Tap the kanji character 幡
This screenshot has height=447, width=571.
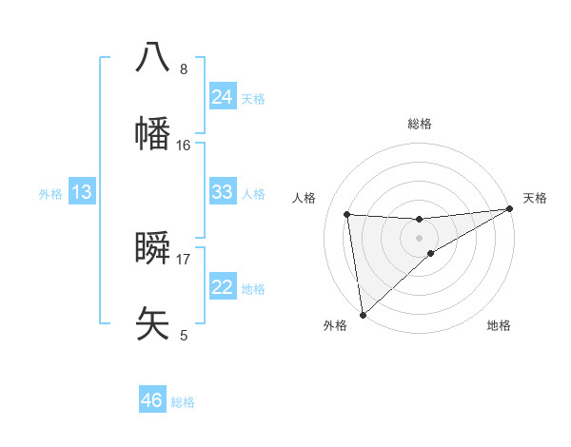(152, 132)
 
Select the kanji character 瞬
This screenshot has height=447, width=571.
(152, 248)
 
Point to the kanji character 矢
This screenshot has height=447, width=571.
(152, 323)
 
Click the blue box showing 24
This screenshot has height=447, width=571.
(222, 97)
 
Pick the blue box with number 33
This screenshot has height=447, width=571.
(222, 192)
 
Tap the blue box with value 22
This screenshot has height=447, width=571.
(222, 287)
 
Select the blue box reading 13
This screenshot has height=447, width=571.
(82, 193)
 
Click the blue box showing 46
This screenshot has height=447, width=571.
(152, 400)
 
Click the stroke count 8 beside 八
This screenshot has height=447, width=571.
(184, 69)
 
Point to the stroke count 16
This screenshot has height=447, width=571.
(184, 146)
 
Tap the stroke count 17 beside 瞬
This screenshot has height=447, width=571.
(184, 259)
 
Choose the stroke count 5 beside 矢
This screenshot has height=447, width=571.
(184, 336)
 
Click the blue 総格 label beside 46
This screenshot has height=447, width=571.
(184, 402)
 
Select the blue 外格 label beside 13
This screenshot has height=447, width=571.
(50, 194)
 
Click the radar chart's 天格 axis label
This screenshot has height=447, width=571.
(535, 198)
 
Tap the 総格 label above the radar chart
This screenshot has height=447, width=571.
(420, 124)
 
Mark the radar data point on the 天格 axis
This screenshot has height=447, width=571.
(510, 209)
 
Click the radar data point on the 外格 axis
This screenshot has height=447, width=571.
(363, 314)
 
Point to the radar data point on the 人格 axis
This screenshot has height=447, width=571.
(347, 214)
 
